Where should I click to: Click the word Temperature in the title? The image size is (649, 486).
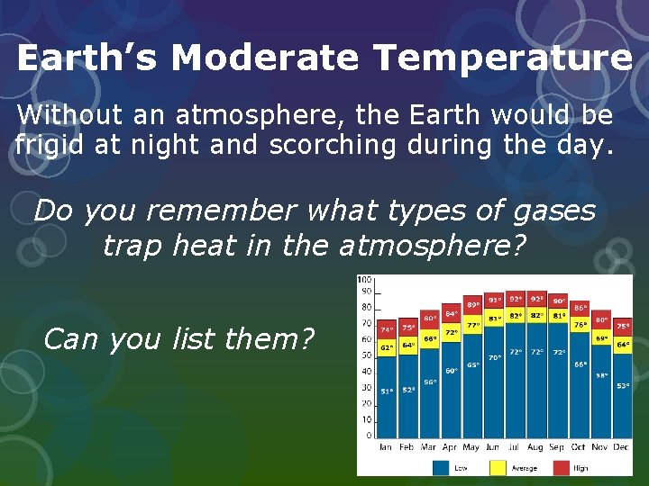[504, 58]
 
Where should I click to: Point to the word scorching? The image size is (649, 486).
[332, 144]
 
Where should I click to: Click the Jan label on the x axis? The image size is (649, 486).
[386, 446]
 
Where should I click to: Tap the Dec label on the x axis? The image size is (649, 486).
[622, 446]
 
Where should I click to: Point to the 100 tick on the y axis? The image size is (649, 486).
[365, 281]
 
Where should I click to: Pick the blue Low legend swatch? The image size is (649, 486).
[442, 467]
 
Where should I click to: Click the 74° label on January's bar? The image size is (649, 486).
[386, 330]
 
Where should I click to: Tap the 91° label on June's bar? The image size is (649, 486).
[495, 300]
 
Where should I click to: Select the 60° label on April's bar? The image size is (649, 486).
[452, 370]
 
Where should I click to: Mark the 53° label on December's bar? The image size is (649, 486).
[623, 386]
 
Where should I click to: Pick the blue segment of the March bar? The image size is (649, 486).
[430, 396]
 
